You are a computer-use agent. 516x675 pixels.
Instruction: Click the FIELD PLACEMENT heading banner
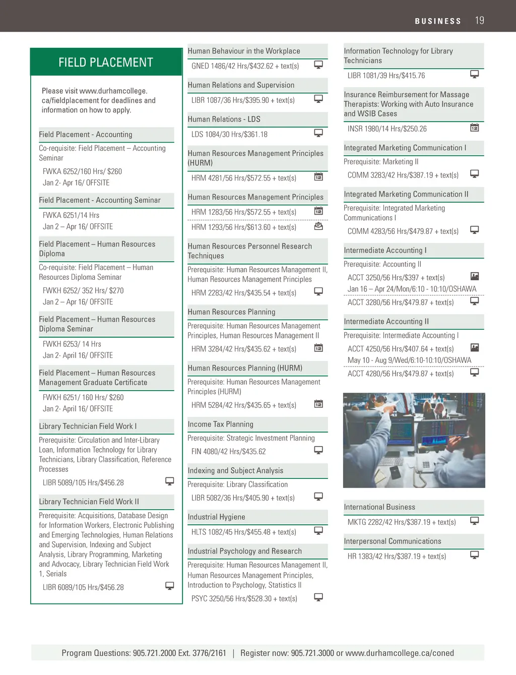pyautogui.click(x=106, y=62)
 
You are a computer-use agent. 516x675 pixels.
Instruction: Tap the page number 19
pyautogui.click(x=479, y=20)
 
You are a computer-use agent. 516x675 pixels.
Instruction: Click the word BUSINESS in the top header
pyautogui.click(x=438, y=21)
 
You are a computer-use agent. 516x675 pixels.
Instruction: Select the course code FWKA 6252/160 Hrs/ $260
pyautogui.click(x=82, y=171)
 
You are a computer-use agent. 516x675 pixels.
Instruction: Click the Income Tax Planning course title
pyautogui.click(x=220, y=424)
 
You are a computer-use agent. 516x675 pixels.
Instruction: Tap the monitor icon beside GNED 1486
pyautogui.click(x=318, y=65)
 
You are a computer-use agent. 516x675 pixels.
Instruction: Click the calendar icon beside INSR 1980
pyautogui.click(x=474, y=128)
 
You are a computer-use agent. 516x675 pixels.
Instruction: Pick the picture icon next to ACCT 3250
pyautogui.click(x=474, y=276)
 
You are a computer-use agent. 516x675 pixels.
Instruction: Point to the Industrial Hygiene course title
pyautogui.click(x=216, y=517)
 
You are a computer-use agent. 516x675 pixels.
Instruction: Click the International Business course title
pyautogui.click(x=379, y=507)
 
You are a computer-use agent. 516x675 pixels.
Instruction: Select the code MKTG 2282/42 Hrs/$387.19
pyautogui.click(x=402, y=522)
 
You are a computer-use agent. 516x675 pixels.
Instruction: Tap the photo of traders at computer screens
pyautogui.click(x=414, y=440)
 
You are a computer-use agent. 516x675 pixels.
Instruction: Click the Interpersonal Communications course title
pyautogui.click(x=392, y=541)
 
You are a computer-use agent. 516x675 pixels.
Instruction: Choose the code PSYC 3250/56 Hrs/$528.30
pyautogui.click(x=244, y=599)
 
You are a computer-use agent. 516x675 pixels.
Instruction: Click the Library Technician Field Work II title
pyautogui.click(x=89, y=502)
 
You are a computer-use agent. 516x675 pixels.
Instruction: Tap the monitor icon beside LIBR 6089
pyautogui.click(x=170, y=586)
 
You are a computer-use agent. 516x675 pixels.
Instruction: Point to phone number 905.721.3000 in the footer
pyautogui.click(x=312, y=653)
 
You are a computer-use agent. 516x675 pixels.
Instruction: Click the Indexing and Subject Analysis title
pyautogui.click(x=235, y=471)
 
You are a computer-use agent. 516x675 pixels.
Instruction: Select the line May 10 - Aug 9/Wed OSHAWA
pyautogui.click(x=409, y=360)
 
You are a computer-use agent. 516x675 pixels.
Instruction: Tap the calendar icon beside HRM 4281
pyautogui.click(x=318, y=177)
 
